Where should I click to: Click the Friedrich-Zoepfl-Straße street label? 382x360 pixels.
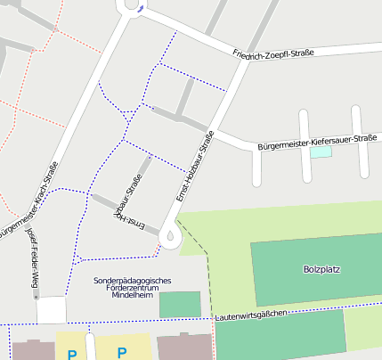[x=272, y=54]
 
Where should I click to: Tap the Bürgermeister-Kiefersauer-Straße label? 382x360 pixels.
[x=316, y=142]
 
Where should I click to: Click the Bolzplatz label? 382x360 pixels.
[x=321, y=269]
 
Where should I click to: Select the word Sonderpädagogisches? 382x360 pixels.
[x=132, y=281]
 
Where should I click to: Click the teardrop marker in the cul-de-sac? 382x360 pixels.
[x=170, y=236]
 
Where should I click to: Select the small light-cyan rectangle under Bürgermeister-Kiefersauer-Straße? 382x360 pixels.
[x=321, y=152]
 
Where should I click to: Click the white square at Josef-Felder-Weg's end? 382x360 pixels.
[x=52, y=310]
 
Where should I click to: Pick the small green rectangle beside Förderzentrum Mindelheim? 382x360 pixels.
[x=180, y=304]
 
